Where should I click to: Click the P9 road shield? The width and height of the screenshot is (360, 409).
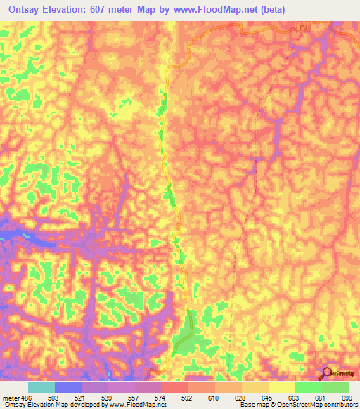pyautogui.click(x=302, y=27)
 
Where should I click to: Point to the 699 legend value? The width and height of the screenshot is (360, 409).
pyautogui.click(x=347, y=397)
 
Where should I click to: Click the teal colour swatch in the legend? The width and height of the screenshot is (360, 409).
pyautogui.click(x=41, y=387)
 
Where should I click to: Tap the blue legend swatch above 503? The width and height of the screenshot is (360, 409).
pyautogui.click(x=68, y=387)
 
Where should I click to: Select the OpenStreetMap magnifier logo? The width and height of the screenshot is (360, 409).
pyautogui.click(x=326, y=373)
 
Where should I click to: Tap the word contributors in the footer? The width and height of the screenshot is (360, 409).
pyautogui.click(x=338, y=405)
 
